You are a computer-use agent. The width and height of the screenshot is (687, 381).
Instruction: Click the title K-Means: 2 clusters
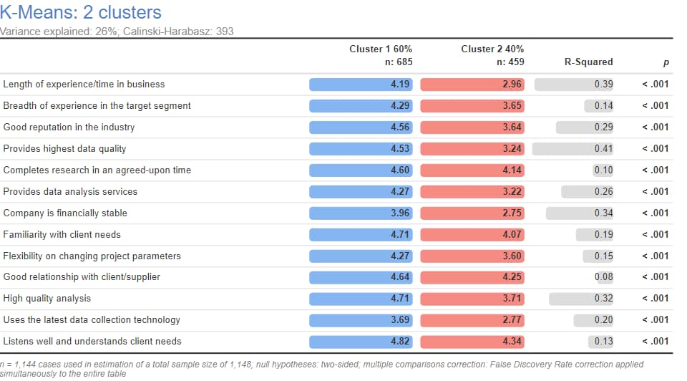pyautogui.click(x=81, y=12)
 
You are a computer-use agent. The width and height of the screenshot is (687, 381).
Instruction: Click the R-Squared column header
pyautogui.click(x=588, y=62)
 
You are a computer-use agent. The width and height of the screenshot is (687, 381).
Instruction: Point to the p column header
pyautogui.click(x=666, y=62)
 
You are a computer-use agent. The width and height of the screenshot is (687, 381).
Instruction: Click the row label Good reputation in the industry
pyautogui.click(x=69, y=127)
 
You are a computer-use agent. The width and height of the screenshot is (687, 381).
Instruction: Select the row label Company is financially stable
pyautogui.click(x=66, y=213)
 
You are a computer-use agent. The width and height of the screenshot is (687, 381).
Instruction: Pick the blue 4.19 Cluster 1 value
pyautogui.click(x=399, y=84)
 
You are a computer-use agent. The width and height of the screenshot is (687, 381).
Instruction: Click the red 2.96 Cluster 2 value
pyautogui.click(x=512, y=84)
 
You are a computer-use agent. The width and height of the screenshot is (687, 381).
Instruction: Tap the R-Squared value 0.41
pyautogui.click(x=603, y=148)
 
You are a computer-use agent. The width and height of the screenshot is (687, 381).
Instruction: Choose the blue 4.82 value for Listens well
pyautogui.click(x=399, y=341)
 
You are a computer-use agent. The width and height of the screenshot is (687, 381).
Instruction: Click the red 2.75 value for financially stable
pyautogui.click(x=512, y=213)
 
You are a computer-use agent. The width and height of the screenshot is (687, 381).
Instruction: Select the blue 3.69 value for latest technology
pyautogui.click(x=399, y=319)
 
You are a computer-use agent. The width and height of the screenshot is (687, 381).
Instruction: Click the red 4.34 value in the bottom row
pyautogui.click(x=512, y=341)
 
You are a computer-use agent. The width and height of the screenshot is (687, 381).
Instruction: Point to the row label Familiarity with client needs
pyautogui.click(x=62, y=234)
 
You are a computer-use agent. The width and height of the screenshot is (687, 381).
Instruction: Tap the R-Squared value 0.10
pyautogui.click(x=603, y=170)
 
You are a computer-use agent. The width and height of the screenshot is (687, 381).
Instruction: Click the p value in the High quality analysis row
pyautogui.click(x=655, y=298)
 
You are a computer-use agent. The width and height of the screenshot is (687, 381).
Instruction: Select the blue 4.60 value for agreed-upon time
pyautogui.click(x=399, y=170)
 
